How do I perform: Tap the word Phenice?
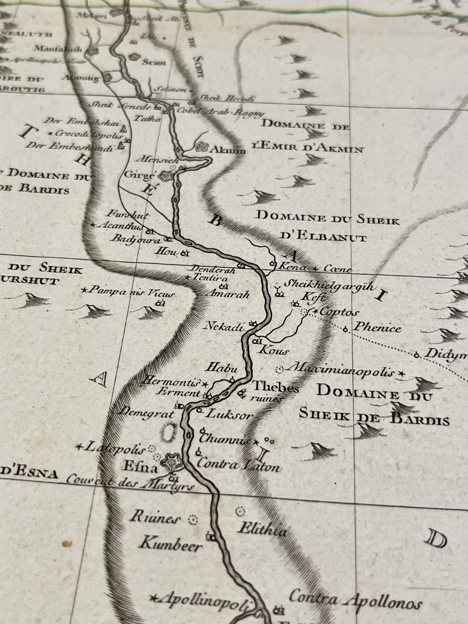[x=377, y=328]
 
